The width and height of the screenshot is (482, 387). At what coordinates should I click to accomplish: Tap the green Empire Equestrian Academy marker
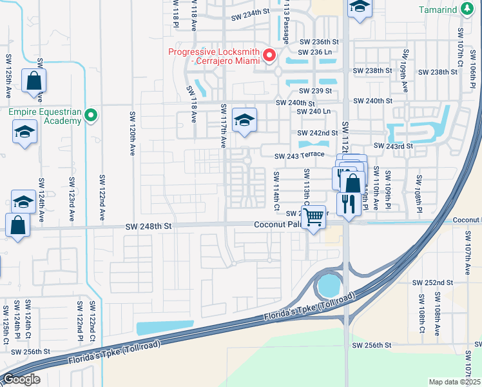click(91, 116)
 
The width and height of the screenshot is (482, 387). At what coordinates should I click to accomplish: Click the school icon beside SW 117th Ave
click(244, 120)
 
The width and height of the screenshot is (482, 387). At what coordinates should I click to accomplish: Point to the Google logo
click(21, 379)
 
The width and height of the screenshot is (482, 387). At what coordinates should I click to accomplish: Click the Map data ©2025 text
click(454, 382)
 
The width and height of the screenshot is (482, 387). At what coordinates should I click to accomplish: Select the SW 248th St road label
click(149, 226)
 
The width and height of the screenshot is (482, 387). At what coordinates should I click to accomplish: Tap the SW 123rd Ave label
click(71, 193)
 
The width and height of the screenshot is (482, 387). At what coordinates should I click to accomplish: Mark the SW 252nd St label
click(433, 283)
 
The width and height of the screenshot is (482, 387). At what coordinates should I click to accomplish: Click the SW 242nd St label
click(318, 133)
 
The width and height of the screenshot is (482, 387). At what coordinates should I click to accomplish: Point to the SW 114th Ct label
click(276, 191)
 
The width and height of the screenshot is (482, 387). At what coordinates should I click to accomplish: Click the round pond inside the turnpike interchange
click(328, 284)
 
